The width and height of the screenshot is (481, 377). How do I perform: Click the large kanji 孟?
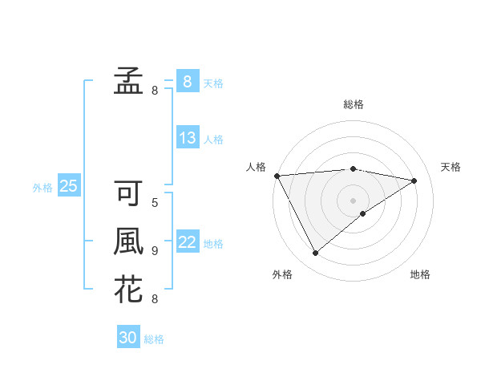coord(128,79)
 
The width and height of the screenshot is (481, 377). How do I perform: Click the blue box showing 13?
coord(188,138)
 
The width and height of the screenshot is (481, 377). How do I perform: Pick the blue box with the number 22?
coord(188,242)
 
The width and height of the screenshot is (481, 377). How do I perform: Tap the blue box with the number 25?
coord(69,187)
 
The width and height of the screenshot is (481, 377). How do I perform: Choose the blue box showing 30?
coord(128,338)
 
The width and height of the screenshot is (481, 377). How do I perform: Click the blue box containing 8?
coord(188,82)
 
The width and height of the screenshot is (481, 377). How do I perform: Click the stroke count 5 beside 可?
coord(155,203)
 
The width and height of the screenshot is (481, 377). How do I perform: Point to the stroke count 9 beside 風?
coord(155,251)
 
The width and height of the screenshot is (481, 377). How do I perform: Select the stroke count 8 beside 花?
coord(155,299)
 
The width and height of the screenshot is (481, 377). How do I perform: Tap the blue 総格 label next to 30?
coord(154,339)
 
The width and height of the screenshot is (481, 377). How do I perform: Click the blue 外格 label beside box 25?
coord(42,188)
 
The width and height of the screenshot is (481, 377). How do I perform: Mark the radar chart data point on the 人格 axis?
coord(277,175)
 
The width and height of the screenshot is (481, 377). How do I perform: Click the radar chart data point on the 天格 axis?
coord(414,180)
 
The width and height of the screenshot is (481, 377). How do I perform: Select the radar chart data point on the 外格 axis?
coord(315,253)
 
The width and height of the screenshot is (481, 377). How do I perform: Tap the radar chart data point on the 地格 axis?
coord(363,213)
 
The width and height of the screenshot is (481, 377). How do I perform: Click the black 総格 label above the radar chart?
coord(354,104)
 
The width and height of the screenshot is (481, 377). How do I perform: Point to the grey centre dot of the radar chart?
coord(353,200)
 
